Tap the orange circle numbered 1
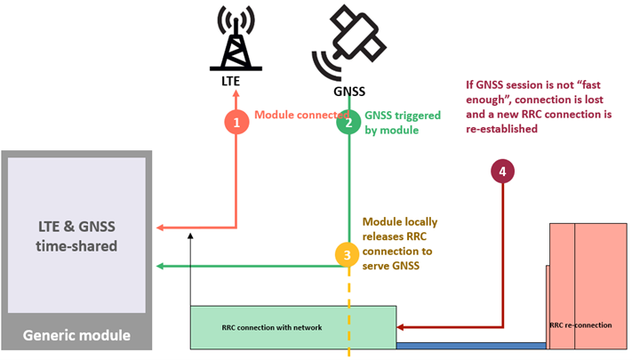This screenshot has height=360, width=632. [x=236, y=122]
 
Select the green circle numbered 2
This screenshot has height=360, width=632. [x=348, y=122]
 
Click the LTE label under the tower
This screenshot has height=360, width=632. [x=232, y=81]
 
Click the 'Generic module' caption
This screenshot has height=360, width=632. [x=76, y=335]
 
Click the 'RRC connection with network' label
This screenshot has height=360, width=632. [x=271, y=327]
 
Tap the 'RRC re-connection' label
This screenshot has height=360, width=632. [x=580, y=325]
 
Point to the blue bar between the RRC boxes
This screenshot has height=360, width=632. [x=470, y=345]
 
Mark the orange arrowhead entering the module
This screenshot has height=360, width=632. [x=159, y=228]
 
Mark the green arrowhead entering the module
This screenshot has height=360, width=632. [x=159, y=265]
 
